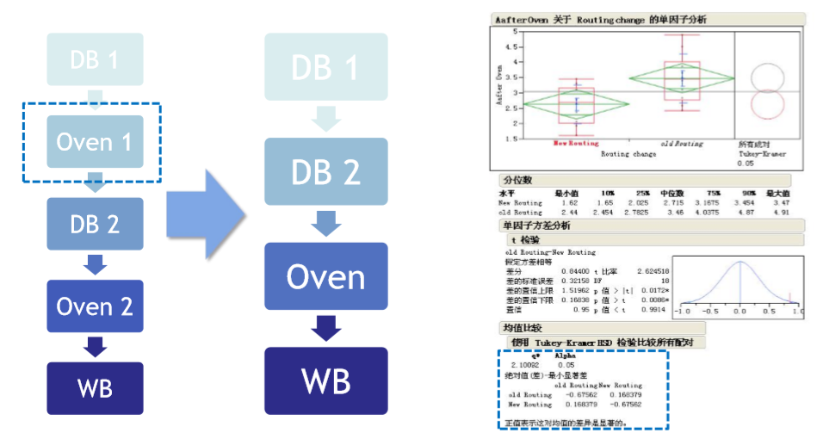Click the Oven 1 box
[x=95, y=141]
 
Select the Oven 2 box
[x=95, y=306]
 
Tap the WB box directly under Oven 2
[x=95, y=387]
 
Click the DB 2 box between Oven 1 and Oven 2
[x=95, y=224]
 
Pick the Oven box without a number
[x=325, y=277]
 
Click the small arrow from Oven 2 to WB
[x=95, y=346]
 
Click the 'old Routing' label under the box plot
[x=682, y=144]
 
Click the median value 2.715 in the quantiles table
[x=671, y=202]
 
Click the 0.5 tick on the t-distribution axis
[x=766, y=312]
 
